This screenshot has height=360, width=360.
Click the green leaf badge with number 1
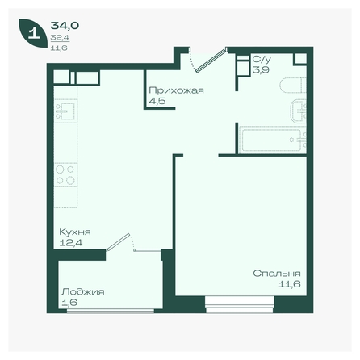tap(32, 33)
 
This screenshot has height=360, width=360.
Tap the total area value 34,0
tap(65, 26)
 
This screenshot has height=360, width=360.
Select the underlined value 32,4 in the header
tap(60, 38)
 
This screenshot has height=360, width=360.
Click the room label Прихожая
tap(176, 90)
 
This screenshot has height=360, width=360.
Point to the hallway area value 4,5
tap(157, 101)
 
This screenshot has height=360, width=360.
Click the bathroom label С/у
tap(262, 59)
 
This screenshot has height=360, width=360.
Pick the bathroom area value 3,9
tap(261, 70)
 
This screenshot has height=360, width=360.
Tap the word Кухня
tap(75, 232)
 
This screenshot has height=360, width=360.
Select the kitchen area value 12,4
tap(71, 243)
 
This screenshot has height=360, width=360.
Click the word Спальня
tap(277, 274)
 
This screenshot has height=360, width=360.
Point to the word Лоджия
tap(83, 292)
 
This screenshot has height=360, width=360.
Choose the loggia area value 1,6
tap(69, 303)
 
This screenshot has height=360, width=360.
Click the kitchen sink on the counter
tap(65, 111)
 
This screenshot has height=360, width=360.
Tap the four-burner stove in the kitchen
tap(65, 175)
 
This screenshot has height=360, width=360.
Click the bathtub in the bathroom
tap(273, 140)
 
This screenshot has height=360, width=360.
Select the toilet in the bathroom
tap(293, 85)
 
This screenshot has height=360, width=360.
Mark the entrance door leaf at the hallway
tap(211, 61)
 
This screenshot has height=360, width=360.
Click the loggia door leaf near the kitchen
tap(118, 242)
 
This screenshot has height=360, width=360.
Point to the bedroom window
tap(240, 305)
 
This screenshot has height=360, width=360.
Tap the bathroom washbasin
tap(299, 111)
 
